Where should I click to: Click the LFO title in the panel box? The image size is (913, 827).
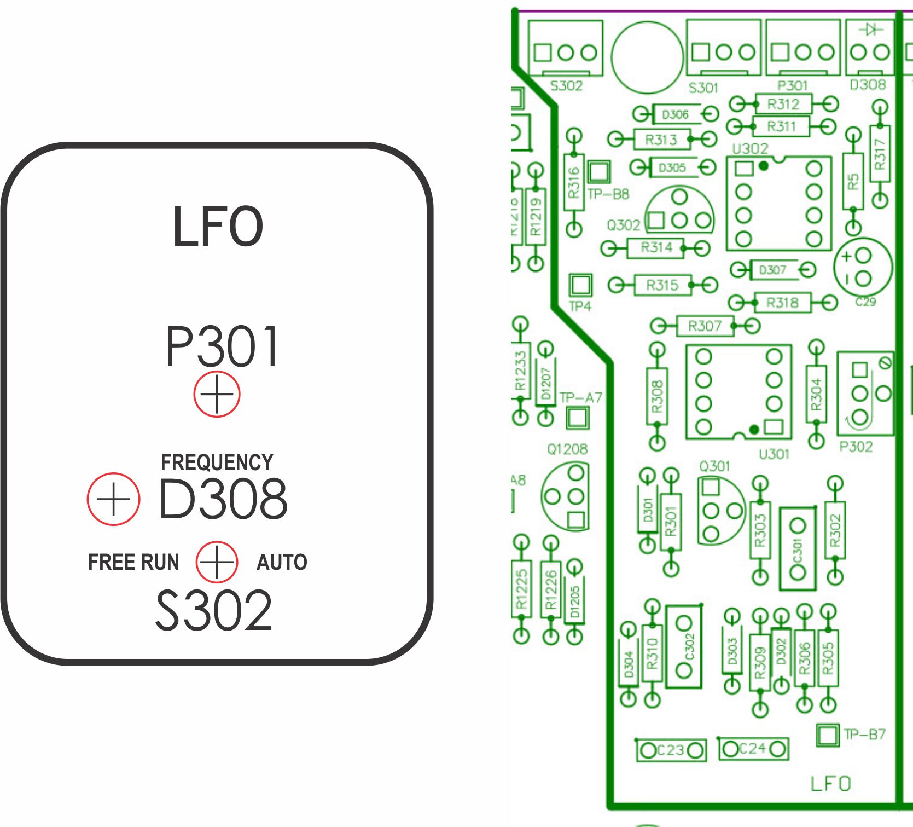218,227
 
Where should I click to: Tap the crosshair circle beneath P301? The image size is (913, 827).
217,394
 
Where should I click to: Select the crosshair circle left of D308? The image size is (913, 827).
113,499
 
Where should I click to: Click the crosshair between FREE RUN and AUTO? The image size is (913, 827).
217,562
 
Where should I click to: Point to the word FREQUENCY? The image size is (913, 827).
217,462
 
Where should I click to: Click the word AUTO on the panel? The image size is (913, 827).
282,562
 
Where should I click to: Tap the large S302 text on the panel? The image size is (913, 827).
214,610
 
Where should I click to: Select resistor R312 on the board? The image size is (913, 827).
783,104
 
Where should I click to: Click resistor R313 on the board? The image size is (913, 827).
661,140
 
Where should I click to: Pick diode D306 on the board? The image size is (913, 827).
675,114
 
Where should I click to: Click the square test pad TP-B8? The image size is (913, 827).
598,172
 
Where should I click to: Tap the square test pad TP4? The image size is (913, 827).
580,285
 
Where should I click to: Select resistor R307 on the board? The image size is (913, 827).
705,326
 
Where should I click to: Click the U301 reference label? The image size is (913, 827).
774,454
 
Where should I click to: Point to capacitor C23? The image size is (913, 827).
671,750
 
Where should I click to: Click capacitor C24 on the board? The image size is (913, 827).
753,748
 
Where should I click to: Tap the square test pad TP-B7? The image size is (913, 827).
827,735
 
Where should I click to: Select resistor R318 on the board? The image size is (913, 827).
782,302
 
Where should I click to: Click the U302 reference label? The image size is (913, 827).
750,148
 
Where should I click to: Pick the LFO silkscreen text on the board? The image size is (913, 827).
830,784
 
